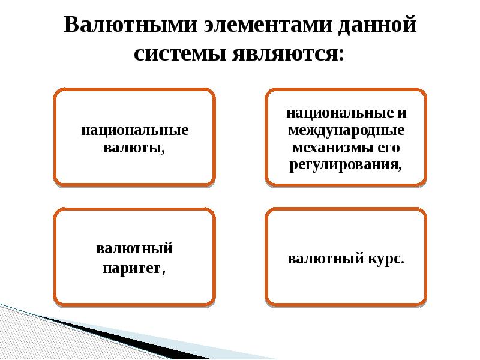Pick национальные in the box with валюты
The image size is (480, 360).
[135, 130]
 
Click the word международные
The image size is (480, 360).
[346, 130]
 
